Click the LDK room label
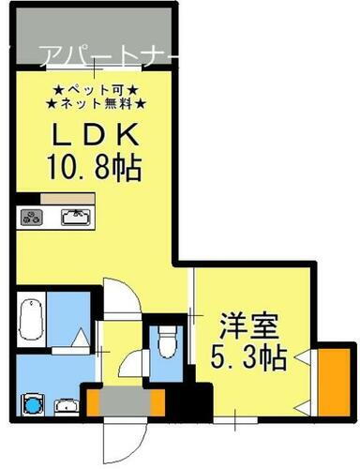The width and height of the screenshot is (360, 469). coord(93,132)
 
